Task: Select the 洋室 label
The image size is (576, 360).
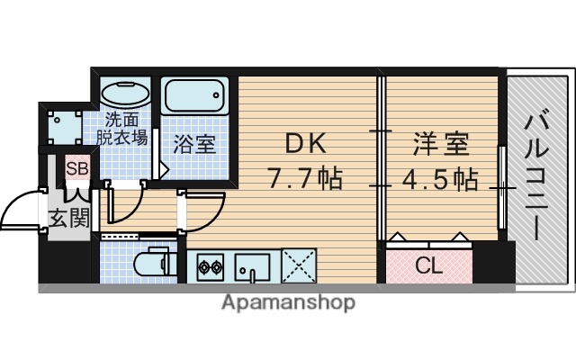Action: pyautogui.click(x=440, y=144)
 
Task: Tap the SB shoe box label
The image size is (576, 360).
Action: pyautogui.click(x=76, y=168)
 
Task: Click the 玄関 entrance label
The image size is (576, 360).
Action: pyautogui.click(x=68, y=218)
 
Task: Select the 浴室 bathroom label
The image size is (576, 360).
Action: pyautogui.click(x=195, y=144)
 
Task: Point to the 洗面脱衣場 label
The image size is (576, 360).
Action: pyautogui.click(x=123, y=129)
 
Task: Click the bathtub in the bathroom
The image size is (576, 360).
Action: pyautogui.click(x=196, y=95)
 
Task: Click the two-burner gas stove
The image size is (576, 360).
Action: pyautogui.click(x=211, y=266)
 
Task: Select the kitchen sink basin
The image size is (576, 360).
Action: pyautogui.click(x=253, y=266)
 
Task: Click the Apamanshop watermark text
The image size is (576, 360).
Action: pyautogui.click(x=288, y=302)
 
